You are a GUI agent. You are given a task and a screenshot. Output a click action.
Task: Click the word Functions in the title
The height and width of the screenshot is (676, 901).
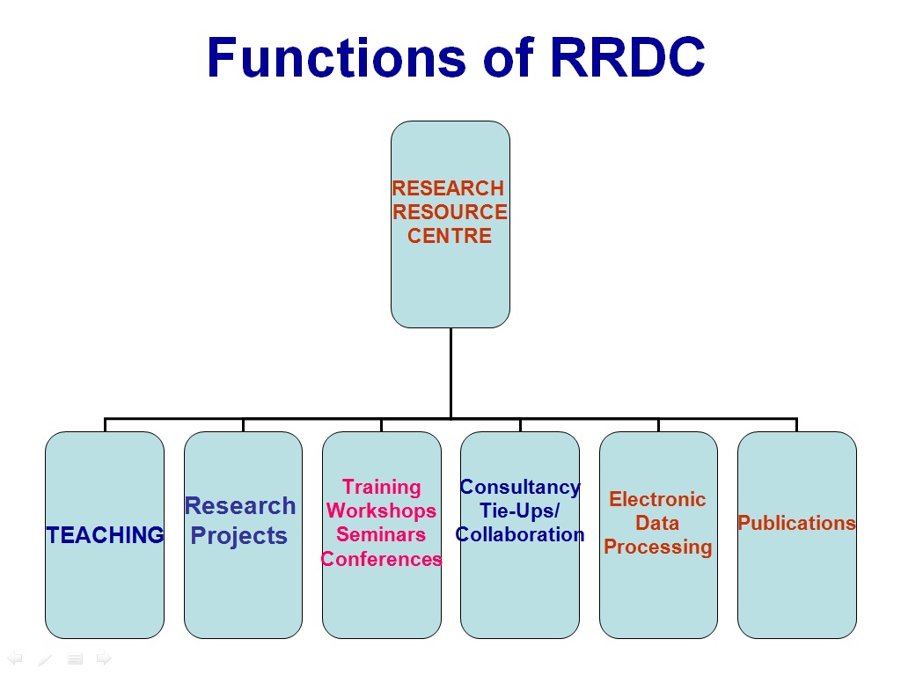[x=337, y=57]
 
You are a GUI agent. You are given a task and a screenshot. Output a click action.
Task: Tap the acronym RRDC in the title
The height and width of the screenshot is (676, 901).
[x=627, y=57]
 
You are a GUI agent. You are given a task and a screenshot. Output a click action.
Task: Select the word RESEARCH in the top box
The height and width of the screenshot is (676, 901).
[x=448, y=188]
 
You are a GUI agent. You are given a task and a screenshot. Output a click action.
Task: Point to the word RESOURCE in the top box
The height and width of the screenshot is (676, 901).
[x=450, y=211]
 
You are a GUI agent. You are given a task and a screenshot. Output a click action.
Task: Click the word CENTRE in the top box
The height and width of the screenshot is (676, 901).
[x=450, y=236]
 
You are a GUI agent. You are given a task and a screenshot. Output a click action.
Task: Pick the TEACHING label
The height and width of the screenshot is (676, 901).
[x=106, y=535]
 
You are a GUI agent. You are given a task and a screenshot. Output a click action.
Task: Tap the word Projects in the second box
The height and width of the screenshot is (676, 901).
[x=239, y=536]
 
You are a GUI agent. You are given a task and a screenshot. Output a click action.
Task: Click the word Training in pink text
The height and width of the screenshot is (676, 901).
[x=382, y=488]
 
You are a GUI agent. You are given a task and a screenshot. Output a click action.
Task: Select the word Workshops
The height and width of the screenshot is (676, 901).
[x=382, y=511]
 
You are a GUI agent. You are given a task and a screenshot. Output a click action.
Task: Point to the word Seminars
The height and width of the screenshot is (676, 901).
[x=381, y=534]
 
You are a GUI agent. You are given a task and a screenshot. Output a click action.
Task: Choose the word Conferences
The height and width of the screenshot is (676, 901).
[x=382, y=559]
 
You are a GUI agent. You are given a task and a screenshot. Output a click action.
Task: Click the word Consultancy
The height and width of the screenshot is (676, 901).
[x=520, y=488]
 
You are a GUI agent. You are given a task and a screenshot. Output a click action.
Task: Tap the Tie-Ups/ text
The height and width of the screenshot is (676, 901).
[x=520, y=511]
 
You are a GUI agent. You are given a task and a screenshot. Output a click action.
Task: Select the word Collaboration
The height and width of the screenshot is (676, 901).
[x=520, y=534]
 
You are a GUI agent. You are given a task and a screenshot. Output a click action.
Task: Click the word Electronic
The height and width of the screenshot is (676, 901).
[x=657, y=499]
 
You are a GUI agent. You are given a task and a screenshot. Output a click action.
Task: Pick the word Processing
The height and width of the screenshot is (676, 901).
[x=658, y=547]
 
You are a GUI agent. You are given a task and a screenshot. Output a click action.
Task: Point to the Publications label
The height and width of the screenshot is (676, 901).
[x=797, y=523]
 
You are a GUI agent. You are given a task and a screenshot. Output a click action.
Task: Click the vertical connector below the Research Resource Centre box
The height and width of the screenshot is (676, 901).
[x=451, y=373]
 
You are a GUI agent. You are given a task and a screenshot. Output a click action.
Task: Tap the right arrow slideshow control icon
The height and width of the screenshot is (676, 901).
[x=104, y=658]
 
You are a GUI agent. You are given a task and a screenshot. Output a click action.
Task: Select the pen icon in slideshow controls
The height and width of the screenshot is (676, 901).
[x=45, y=658]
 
